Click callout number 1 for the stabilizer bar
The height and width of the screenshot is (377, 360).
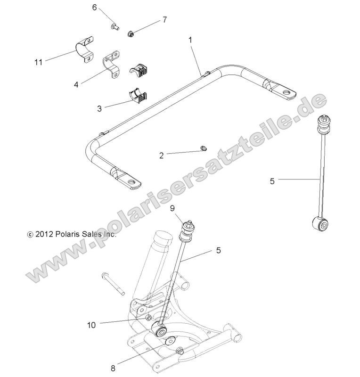191,41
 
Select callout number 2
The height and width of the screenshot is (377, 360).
161,155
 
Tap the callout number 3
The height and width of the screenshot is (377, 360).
99,108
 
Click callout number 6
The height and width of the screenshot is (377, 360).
94,8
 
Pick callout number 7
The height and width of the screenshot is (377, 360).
164,20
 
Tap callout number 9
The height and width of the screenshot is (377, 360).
172,208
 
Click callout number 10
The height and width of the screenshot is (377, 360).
91,324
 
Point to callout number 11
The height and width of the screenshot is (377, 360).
39,61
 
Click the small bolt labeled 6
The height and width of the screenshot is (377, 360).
115,27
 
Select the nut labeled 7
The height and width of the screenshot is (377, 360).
131,33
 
